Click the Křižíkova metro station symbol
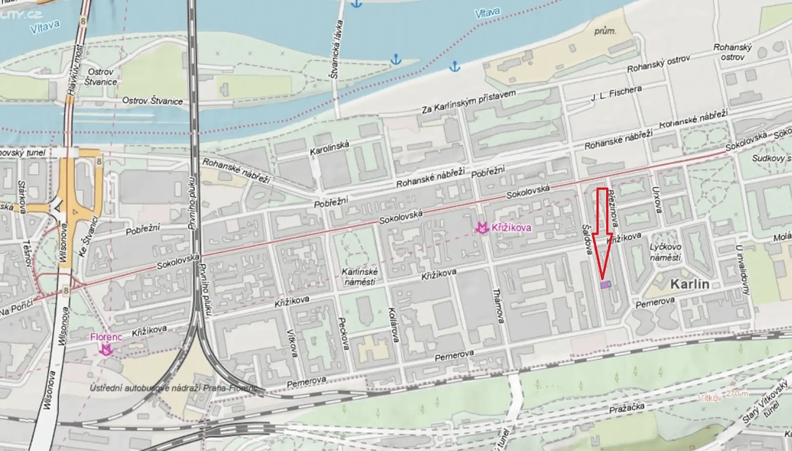click(482, 228)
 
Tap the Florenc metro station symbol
click(106, 350)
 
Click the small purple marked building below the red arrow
click(606, 285)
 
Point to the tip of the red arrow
click(602, 279)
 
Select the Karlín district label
click(689, 284)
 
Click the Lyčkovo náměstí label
click(665, 252)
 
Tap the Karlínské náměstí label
click(360, 277)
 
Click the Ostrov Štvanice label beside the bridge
click(101, 77)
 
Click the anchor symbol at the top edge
click(356, 4)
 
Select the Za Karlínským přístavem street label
click(469, 102)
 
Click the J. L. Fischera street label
click(616, 93)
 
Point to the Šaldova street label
click(587, 240)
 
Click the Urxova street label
click(656, 199)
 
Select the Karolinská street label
click(329, 148)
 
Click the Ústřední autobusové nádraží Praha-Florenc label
click(173, 388)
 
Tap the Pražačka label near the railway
click(626, 408)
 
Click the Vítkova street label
click(292, 343)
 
